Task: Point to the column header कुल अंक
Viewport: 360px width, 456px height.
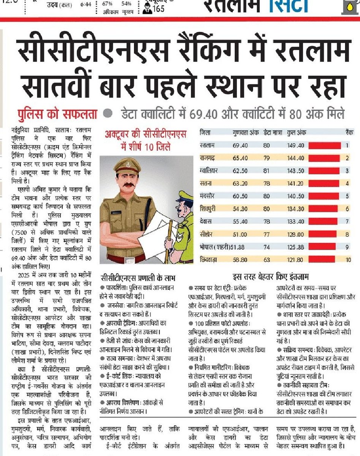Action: (297, 133)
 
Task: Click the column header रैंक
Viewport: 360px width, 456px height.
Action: (347, 133)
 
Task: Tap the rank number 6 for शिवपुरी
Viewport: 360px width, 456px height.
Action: (347, 209)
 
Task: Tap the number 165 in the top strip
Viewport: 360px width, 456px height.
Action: (158, 9)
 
